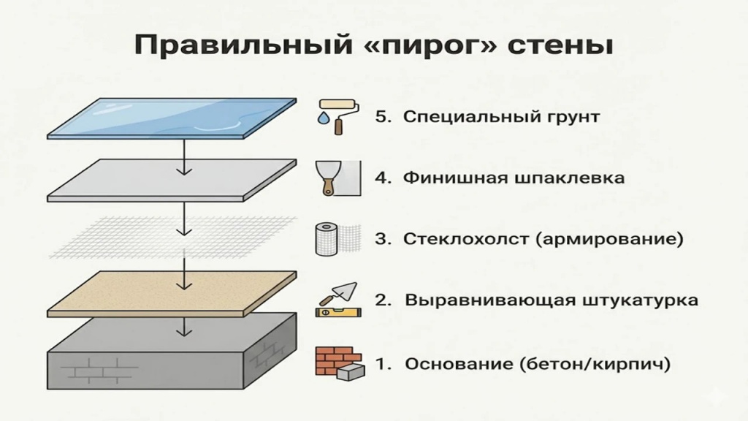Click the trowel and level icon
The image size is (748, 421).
pos(335,300)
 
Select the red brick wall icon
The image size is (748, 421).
pos(332,362)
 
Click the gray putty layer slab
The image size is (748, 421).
pos(172,179)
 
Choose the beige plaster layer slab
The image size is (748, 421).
pos(172,292)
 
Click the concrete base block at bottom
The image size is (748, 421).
pos(172,354)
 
